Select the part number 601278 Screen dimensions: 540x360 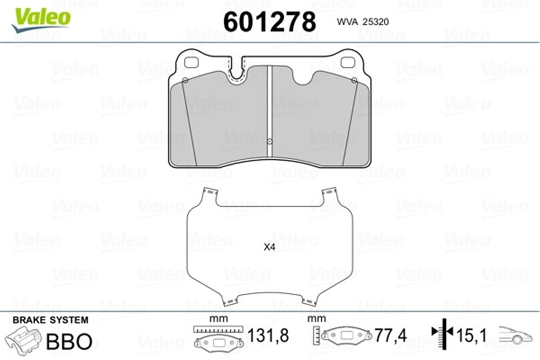(269, 22)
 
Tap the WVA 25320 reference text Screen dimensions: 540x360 (363, 22)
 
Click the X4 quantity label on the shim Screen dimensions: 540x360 (269, 247)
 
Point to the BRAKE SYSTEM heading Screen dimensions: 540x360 (50, 320)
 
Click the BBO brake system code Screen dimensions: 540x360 (69, 341)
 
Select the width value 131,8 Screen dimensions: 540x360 (268, 335)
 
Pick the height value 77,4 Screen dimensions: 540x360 (391, 335)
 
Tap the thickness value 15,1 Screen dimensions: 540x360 (472, 335)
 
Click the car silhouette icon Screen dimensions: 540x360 (516, 335)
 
